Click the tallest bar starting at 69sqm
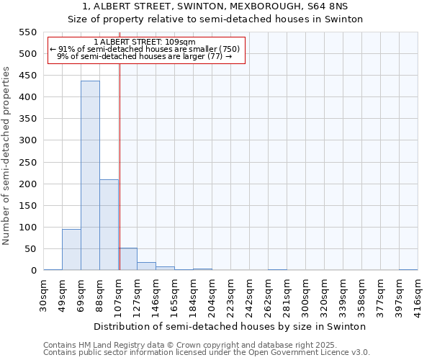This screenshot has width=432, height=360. pos(90,176)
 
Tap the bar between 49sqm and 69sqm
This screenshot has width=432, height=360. pos(71,249)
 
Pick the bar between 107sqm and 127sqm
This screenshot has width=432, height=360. pos(127,259)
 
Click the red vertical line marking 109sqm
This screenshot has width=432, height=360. pos(120,166)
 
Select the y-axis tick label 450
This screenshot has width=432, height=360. pos(27,76)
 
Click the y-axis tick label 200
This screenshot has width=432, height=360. pos(27,184)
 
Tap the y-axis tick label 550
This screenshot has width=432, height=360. pos(27,32)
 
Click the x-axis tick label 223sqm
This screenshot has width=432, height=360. pos(231,295)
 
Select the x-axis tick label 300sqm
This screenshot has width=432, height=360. pos(305,295)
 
